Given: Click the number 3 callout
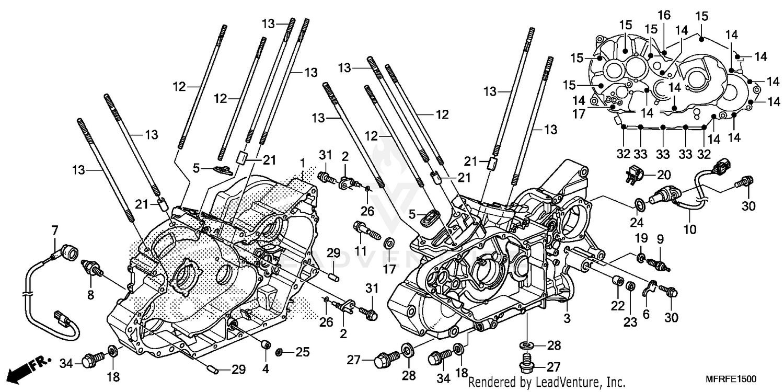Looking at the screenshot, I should click(566, 318).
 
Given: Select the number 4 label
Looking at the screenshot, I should click(266, 369).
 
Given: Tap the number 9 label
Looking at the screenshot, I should click(660, 239).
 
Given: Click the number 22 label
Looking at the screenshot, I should click(618, 305).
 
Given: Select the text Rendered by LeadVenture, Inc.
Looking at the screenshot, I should click(547, 382).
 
